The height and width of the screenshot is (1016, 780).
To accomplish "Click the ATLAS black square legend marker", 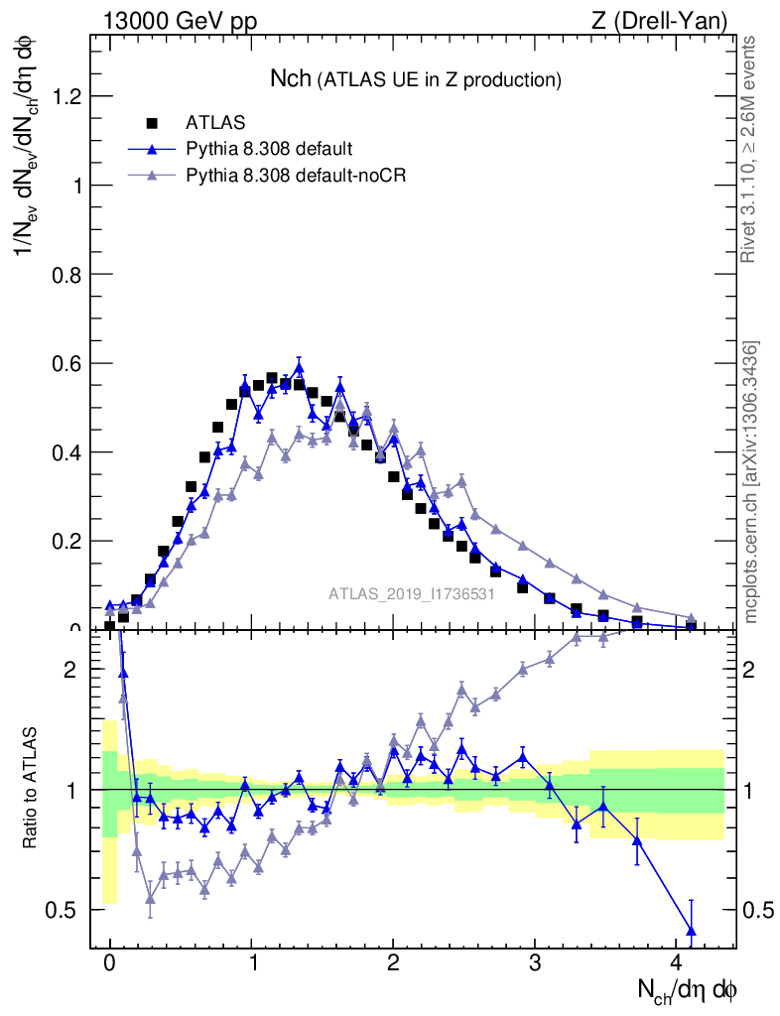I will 152,123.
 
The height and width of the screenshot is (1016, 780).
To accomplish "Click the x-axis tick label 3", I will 535,962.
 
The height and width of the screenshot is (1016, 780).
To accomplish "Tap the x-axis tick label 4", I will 677,962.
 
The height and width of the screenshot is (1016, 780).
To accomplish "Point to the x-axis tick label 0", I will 109,962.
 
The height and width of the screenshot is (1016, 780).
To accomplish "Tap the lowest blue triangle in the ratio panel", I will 691,930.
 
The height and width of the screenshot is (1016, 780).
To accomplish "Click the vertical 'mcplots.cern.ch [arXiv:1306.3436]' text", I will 753,483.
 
